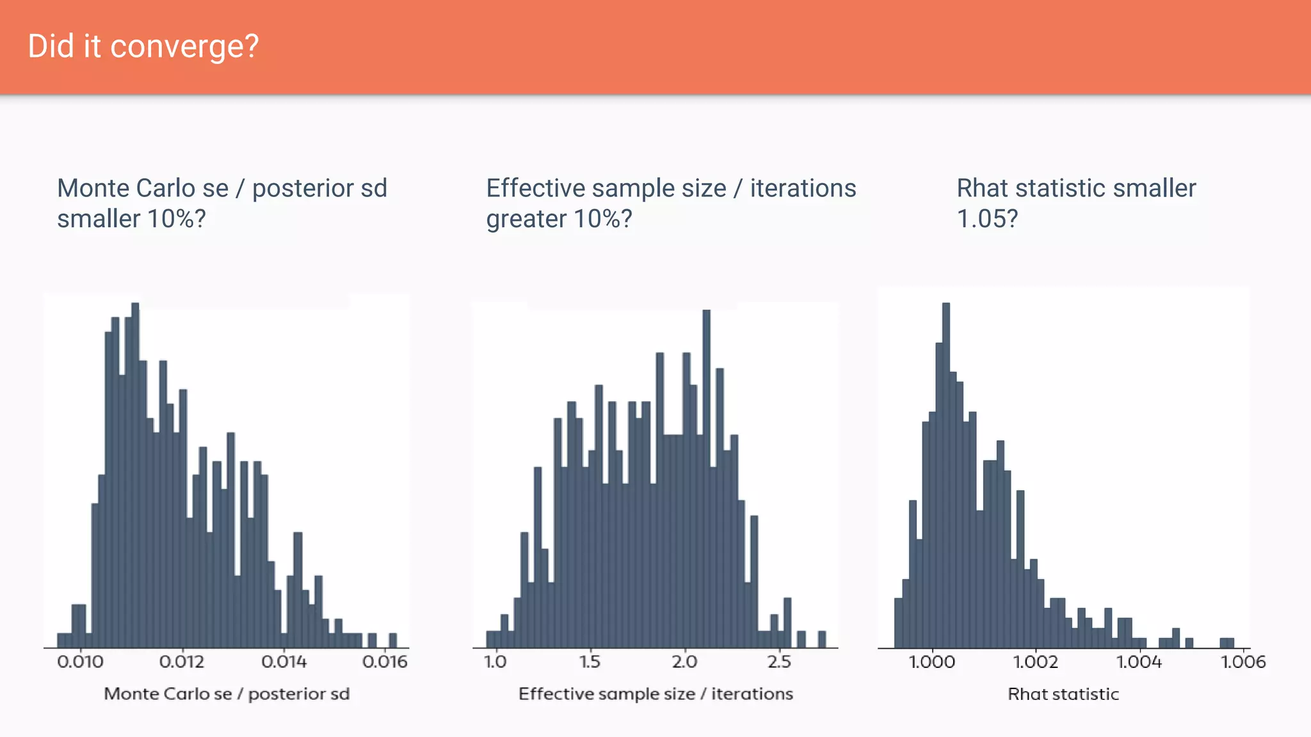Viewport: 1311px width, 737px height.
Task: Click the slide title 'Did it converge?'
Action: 143,47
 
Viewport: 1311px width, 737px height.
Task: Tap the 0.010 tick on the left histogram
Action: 80,662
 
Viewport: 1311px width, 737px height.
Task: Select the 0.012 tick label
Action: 182,662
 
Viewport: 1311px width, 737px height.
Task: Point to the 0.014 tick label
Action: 284,662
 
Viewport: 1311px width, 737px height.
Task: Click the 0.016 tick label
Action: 385,662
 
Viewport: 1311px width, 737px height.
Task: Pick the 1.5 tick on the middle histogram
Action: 590,662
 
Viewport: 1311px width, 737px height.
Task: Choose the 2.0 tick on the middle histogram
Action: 684,662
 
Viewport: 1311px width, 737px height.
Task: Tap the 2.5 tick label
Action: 779,662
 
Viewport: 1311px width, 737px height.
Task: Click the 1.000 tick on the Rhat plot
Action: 932,662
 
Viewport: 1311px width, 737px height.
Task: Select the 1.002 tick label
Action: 1035,662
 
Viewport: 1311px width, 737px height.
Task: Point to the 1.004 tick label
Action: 1139,662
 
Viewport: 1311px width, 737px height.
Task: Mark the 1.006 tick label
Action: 1243,662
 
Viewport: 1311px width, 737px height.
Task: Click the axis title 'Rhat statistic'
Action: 1063,694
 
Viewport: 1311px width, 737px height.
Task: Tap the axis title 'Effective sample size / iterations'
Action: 655,694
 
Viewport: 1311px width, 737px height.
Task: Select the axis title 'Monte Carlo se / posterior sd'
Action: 227,694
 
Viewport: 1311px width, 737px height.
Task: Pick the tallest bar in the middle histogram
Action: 707,480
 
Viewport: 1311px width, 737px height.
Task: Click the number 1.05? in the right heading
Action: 987,219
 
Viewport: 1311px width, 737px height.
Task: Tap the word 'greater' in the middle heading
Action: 526,219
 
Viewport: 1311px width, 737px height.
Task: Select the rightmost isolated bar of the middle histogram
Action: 822,639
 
